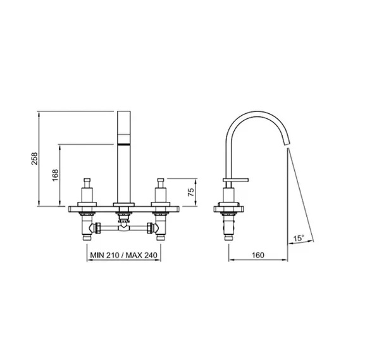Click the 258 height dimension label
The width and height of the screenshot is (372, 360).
35,159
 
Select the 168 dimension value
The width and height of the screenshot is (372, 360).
55,175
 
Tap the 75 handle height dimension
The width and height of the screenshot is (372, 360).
191,192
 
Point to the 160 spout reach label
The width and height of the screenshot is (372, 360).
258,255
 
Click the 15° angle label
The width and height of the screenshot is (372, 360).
299,238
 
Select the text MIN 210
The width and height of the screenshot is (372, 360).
104,255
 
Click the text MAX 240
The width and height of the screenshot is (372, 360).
142,255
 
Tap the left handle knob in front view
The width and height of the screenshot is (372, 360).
87,183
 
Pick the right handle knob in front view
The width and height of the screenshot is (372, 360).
161,183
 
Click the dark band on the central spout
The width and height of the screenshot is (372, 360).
124,144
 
